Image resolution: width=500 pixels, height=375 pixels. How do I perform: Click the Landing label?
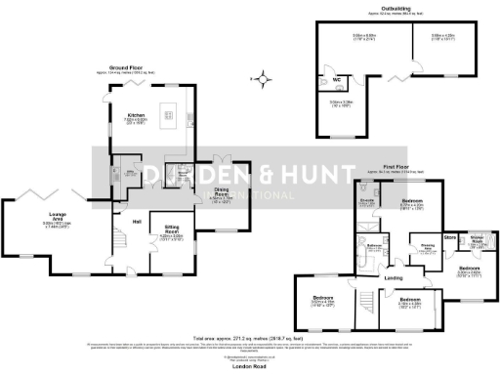pyautogui.click(x=392, y=279)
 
